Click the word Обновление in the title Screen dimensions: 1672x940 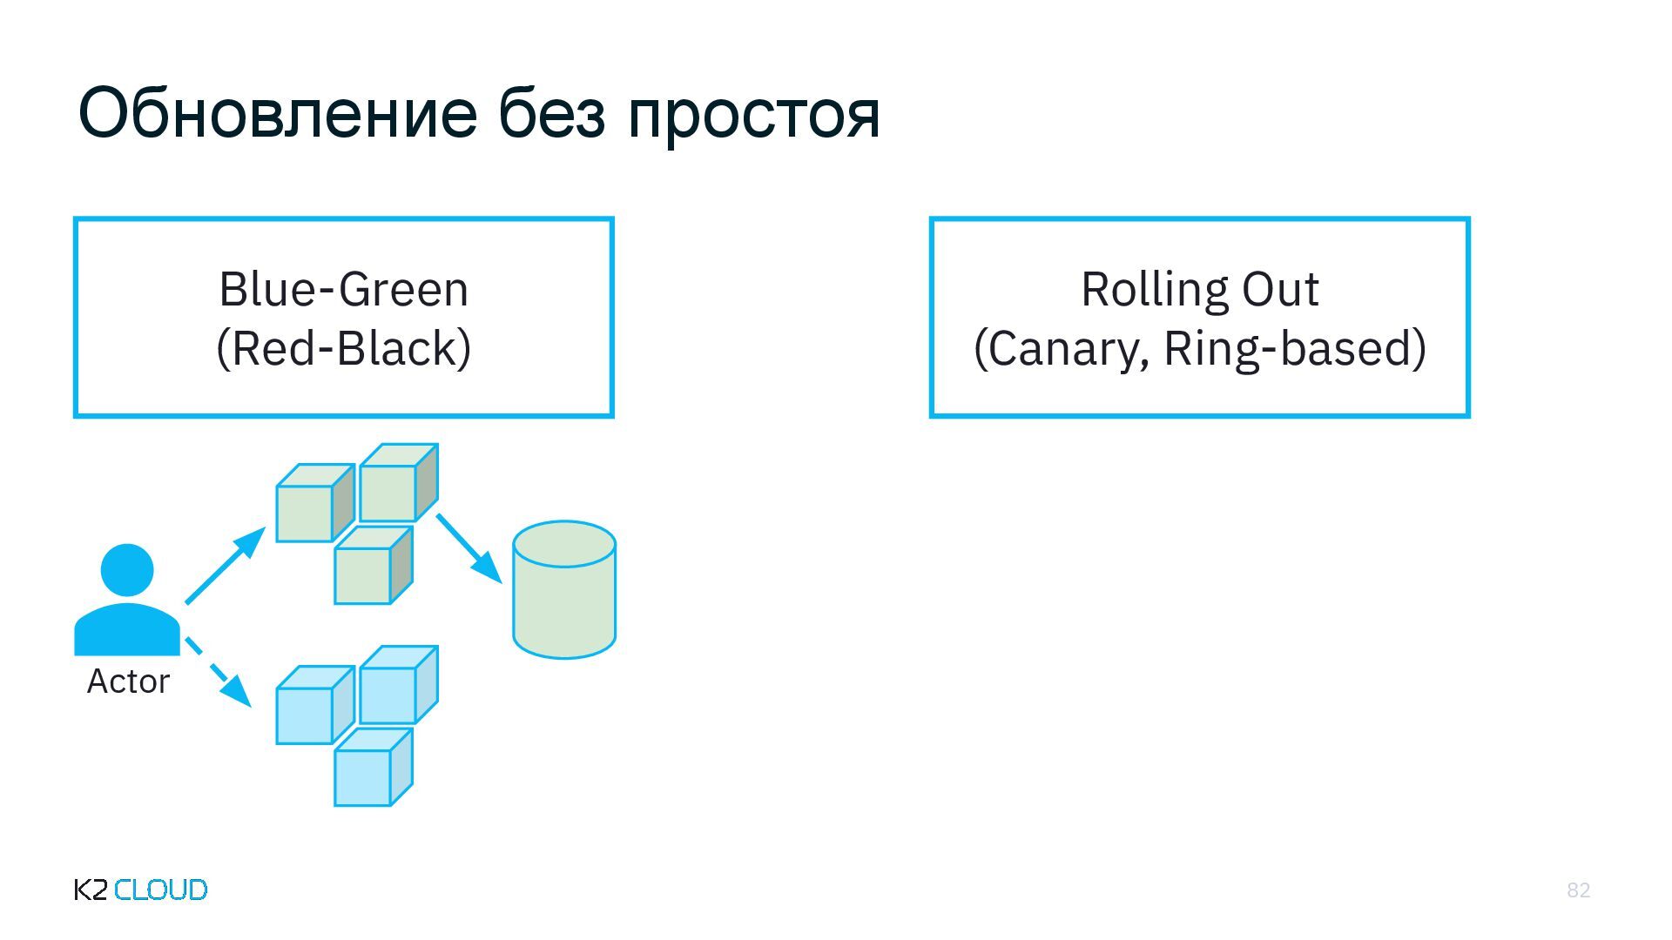coord(277,113)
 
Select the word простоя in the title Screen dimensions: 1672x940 coord(753,115)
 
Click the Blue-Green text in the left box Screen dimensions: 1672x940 coord(343,289)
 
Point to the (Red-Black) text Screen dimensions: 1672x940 coord(343,348)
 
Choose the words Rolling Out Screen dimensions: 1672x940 coord(1199,289)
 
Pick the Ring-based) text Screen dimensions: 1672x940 coord(1295,348)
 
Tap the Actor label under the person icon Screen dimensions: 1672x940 coord(128,681)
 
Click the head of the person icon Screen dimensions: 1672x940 coord(127,570)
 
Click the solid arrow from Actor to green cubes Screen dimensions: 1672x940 coord(226,565)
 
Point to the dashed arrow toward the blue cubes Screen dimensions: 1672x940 coord(219,673)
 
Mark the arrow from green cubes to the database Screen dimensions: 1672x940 coord(469,547)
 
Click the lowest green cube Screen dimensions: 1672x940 coord(364,574)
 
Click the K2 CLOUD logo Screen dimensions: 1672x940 coord(140,890)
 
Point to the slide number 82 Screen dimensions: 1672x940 coord(1578,890)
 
